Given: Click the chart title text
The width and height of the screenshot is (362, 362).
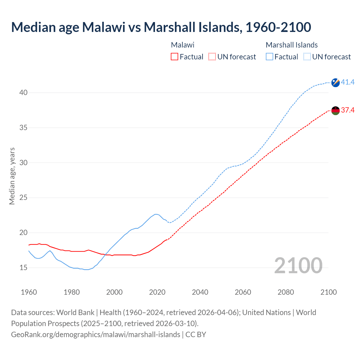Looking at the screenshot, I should (x=161, y=27).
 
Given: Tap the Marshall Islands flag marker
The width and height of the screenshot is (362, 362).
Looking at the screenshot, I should (x=335, y=83).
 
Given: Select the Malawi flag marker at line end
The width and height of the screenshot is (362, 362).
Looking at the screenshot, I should (x=335, y=111).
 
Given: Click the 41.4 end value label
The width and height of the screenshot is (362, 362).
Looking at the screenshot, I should (x=348, y=82).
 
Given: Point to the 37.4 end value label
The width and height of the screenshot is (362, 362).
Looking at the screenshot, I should (x=348, y=110).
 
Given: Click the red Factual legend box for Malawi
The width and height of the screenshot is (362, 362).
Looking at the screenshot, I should (x=174, y=57).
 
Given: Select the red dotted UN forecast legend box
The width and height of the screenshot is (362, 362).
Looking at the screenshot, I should (x=212, y=57).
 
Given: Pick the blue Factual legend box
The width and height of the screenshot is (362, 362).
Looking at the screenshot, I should (x=270, y=57).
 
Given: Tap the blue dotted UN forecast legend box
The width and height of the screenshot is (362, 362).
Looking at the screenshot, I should (x=307, y=57).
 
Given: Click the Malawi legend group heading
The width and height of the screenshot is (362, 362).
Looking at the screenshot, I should (x=183, y=45).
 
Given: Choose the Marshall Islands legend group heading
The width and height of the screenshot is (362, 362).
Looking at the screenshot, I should (x=292, y=45).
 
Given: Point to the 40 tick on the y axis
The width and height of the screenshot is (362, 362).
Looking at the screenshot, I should (x=23, y=93).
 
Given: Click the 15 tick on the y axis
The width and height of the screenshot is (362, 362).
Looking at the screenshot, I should (x=23, y=268).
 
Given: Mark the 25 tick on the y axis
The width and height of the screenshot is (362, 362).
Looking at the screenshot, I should (x=23, y=198).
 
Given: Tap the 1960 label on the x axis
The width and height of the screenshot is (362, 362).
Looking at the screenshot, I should (x=29, y=292).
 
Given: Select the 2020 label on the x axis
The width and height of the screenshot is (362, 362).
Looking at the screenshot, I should (x=157, y=292).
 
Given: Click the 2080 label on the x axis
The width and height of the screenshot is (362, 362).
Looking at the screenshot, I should (x=286, y=292).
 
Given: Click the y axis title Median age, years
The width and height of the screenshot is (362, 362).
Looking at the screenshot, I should (x=12, y=176).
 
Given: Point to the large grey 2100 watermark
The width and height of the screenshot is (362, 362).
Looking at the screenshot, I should (x=298, y=265).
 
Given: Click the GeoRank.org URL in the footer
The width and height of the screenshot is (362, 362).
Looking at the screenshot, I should (x=96, y=335).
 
